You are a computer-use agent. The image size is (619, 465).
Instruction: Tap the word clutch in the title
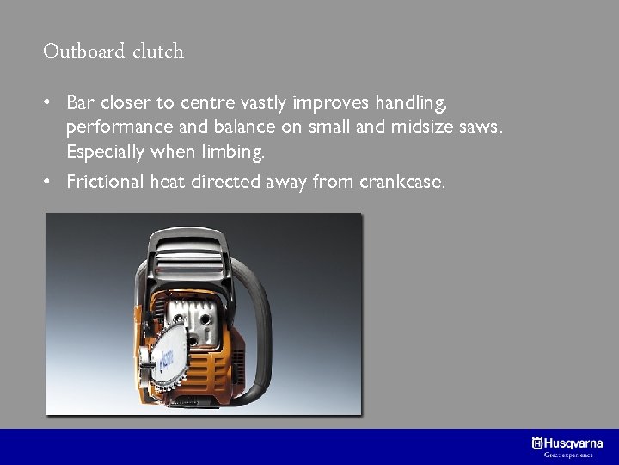158,52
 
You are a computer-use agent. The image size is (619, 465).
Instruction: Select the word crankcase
406,182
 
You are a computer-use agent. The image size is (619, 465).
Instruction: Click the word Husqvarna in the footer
573,443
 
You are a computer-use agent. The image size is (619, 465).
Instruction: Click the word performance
110,128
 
